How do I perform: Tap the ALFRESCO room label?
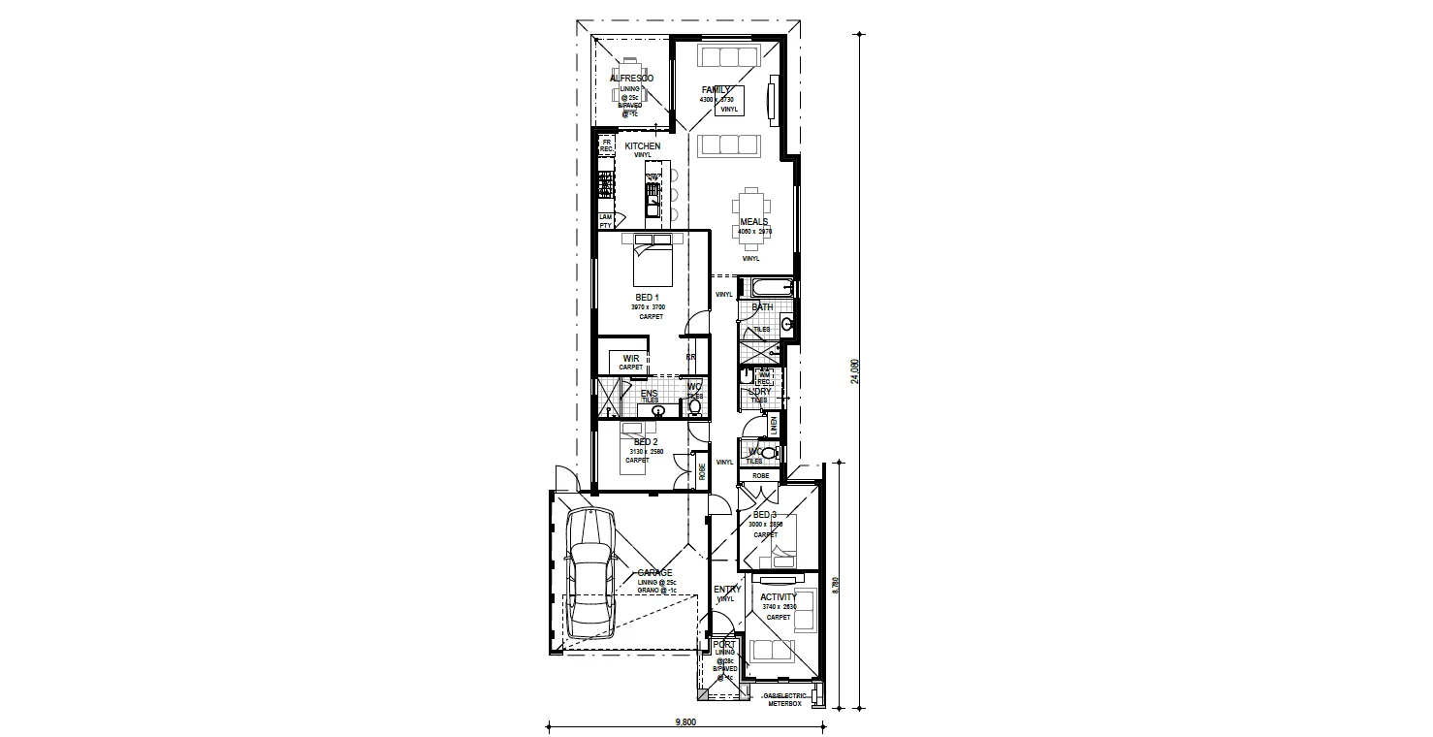point(631,79)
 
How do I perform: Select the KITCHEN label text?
point(642,146)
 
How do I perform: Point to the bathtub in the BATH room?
point(766,287)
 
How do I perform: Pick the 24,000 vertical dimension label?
point(855,371)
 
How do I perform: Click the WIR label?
point(631,358)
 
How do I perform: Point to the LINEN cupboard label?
point(774,425)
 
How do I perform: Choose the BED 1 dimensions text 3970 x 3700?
point(648,306)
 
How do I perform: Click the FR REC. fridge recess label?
point(606,145)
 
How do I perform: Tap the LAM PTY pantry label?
point(605,221)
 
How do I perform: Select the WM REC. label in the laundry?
point(763,378)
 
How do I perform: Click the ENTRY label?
point(726,590)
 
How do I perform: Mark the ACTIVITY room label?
point(779,597)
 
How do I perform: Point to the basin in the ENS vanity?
point(659,411)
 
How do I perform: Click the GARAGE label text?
point(654,573)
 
